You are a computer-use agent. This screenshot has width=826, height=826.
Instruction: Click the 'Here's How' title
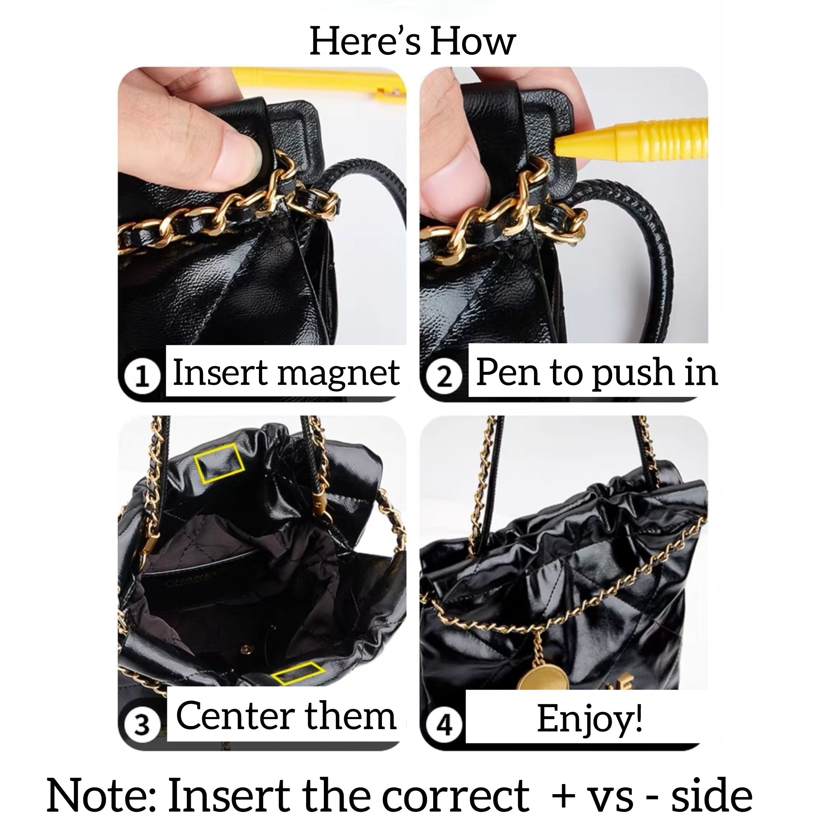tap(412, 41)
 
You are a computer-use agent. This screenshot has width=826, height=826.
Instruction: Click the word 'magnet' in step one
tap(339, 373)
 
